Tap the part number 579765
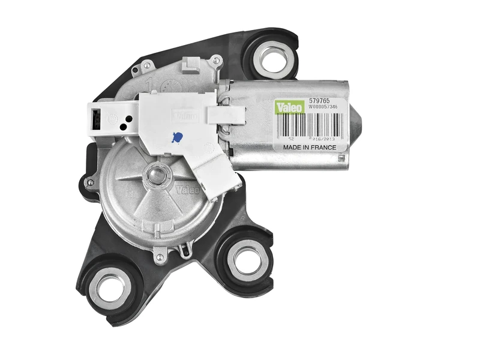pos(319,101)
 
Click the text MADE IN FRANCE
pos(310,146)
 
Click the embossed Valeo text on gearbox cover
pos(187,191)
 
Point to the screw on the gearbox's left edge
pos(89,182)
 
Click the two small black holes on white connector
pos(124,123)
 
